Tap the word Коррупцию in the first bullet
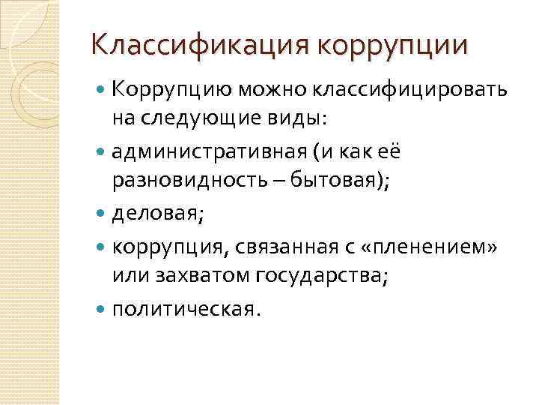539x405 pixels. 172,91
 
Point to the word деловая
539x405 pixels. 153,216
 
